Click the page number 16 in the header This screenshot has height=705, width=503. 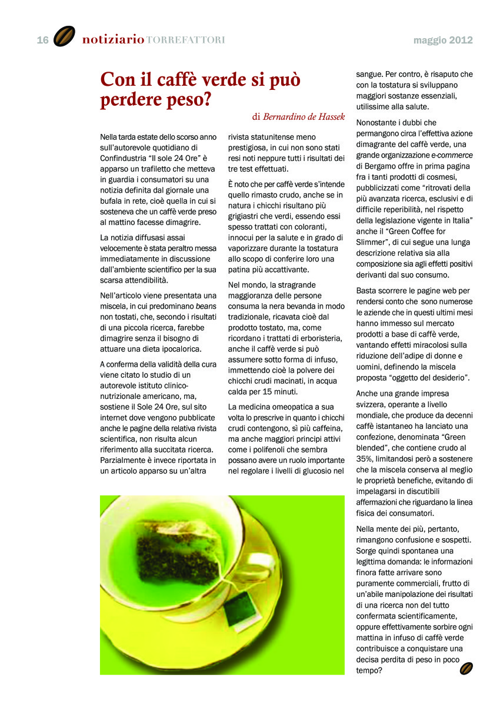point(42,40)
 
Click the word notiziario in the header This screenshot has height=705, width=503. point(113,40)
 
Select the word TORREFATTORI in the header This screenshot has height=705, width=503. point(185,41)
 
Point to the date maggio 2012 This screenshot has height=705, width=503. point(443,41)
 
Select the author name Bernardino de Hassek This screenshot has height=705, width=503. point(304,116)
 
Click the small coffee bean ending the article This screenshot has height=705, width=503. point(467,669)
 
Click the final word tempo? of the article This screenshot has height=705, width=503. point(369,670)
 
